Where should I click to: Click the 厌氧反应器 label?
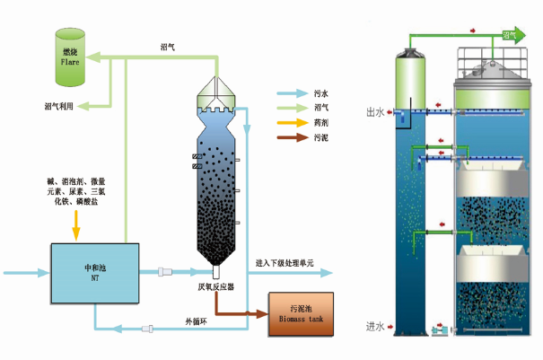215,287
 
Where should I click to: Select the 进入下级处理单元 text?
285,263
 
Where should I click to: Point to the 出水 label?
374,113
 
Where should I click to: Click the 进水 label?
374,325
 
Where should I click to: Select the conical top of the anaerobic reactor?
216,91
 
